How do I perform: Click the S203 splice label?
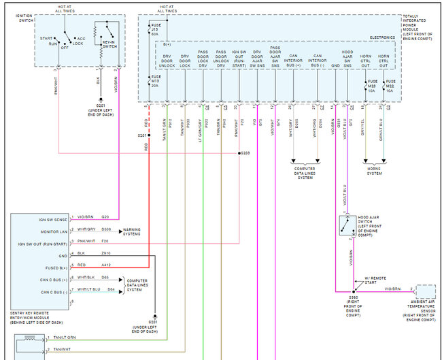pyautogui.click(x=245, y=152)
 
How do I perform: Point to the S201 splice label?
pyautogui.click(x=142, y=135)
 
